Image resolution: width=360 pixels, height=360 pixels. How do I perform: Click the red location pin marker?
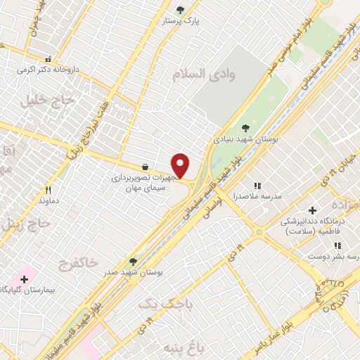[x=181, y=166]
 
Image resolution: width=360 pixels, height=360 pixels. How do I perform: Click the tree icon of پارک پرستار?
[x=180, y=11]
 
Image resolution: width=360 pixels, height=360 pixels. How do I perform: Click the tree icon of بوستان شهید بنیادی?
[x=245, y=127]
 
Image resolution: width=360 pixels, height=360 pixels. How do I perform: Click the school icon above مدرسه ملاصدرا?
[x=257, y=186]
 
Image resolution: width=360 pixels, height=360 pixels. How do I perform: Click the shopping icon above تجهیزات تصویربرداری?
[x=145, y=167]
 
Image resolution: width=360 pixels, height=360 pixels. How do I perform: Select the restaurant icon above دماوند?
[x=48, y=190]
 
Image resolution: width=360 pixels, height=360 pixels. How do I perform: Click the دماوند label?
[x=49, y=201]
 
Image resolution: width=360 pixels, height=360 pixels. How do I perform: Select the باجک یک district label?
[x=155, y=304]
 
